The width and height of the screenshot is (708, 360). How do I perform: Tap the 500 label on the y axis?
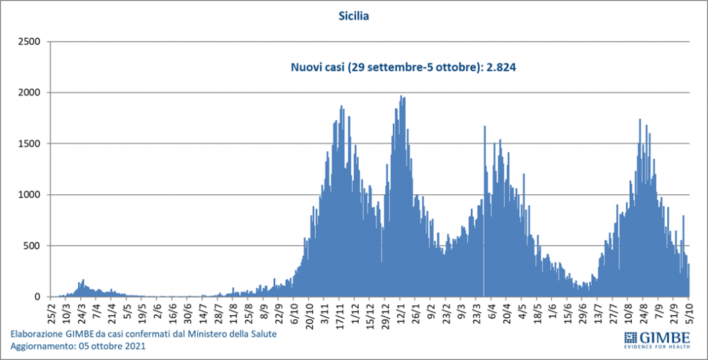pyautogui.click(x=33, y=246)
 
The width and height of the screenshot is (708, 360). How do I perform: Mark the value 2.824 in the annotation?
pyautogui.click(x=503, y=68)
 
